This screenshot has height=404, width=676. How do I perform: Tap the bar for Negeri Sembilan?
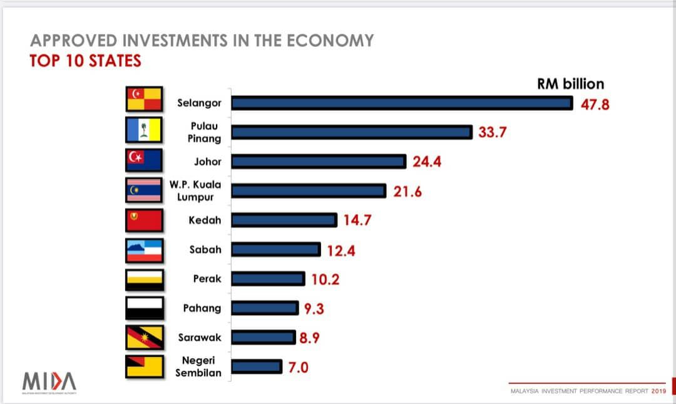[257, 366]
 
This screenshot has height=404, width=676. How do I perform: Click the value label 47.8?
[595, 104]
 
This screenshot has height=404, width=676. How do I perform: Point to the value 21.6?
[407, 192]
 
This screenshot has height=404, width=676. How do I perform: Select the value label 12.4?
[342, 251]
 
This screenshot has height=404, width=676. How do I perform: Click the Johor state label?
[208, 162]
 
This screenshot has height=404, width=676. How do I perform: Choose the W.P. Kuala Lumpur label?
[195, 191]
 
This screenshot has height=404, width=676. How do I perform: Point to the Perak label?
[207, 279]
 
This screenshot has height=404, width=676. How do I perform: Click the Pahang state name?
[202, 308]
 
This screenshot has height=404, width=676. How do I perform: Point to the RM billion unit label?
[571, 84]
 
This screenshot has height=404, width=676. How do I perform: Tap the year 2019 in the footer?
[658, 391]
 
